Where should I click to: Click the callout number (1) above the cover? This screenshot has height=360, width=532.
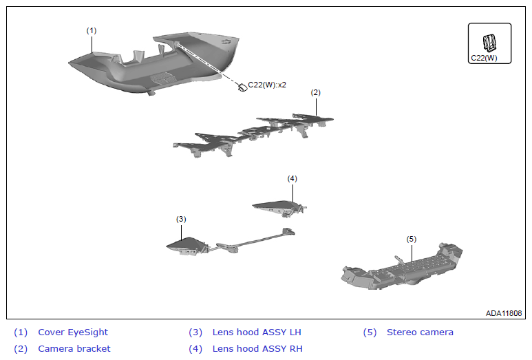click(x=92, y=31)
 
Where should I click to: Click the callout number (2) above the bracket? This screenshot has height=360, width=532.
click(x=315, y=93)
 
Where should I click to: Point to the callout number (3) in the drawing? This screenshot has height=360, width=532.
click(x=181, y=219)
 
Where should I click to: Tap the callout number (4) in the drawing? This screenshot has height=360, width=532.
click(x=292, y=178)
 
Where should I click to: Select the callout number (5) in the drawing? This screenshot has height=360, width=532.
click(x=411, y=240)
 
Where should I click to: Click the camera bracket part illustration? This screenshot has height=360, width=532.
click(x=253, y=135)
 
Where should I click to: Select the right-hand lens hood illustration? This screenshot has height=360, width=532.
click(x=279, y=207)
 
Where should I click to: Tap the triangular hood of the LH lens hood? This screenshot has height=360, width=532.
click(x=187, y=245)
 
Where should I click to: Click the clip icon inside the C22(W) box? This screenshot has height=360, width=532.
click(x=489, y=43)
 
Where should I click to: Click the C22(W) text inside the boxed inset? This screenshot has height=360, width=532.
click(x=484, y=58)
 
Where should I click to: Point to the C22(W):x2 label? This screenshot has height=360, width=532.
click(x=267, y=85)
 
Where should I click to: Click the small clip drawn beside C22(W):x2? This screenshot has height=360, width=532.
click(x=242, y=87)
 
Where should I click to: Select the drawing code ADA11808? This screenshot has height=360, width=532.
click(x=504, y=313)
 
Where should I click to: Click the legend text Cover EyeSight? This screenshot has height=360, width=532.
click(x=73, y=332)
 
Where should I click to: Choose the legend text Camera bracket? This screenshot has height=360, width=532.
click(x=74, y=349)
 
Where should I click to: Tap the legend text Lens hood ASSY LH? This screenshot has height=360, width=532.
click(x=257, y=332)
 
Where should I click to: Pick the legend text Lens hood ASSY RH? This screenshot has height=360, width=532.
click(x=257, y=349)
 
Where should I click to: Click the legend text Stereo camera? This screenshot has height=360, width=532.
click(x=420, y=332)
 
